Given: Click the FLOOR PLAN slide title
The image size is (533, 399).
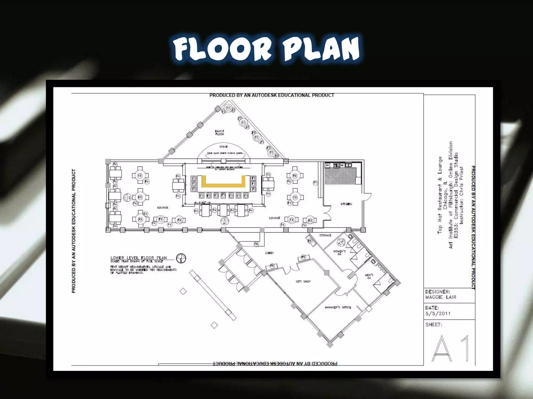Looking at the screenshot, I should pos(267,49).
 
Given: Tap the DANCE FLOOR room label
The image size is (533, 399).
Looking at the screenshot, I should pos(219,133).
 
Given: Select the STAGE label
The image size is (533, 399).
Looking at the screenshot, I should pos(223,147).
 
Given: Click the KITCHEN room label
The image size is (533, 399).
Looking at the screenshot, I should pos(346,204).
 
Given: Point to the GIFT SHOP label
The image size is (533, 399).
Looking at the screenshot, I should pos(303,282).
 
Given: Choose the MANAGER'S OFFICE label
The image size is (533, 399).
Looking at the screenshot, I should pos(338,308).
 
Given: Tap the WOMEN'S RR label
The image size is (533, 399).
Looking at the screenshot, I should pos(339,253).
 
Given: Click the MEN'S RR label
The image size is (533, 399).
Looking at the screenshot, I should pos(369,276).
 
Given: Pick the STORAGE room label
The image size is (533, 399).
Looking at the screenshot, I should pos(325,235).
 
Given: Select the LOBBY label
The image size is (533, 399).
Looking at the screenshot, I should pos(269,253).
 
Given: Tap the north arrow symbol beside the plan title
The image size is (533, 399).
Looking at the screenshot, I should pos(181,258).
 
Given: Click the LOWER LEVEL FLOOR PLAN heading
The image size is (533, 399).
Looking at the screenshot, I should pos(138,258).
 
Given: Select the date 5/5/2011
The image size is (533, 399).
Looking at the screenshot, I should pos(438,314).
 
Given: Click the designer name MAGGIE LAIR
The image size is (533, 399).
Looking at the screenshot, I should pos(441,297).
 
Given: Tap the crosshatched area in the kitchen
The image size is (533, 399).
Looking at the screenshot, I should pos(340,176).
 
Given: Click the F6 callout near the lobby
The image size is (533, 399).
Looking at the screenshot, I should pos(256,244).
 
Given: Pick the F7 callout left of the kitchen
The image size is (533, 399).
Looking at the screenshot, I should pos(315,183).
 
